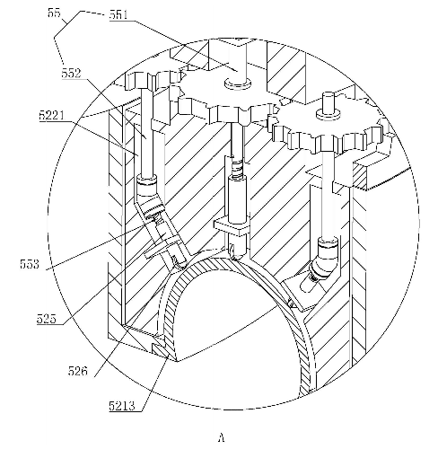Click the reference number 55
point(54,13)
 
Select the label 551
point(118,15)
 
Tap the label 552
point(72,74)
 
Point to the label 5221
point(52,115)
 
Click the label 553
point(30,264)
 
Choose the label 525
point(47,319)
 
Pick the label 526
point(78,371)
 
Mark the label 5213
point(122,406)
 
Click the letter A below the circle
point(221,437)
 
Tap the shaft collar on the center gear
point(238,84)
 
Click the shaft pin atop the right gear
point(328,106)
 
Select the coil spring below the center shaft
point(238,169)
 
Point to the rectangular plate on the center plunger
point(232,227)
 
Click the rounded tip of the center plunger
point(237,249)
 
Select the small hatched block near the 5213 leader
point(159,348)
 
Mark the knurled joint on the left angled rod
point(153,210)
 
